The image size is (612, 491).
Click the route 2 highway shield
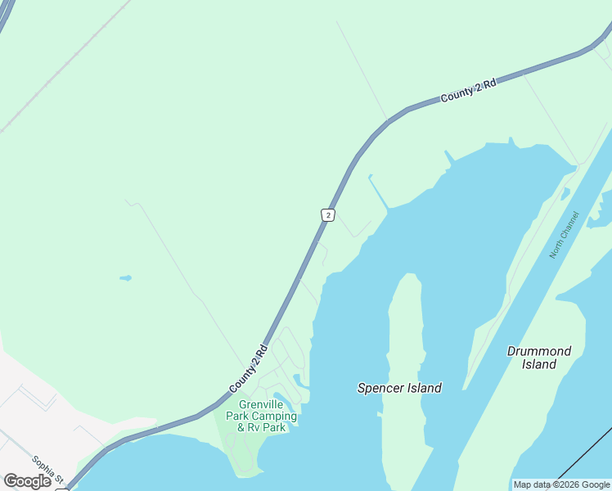327,214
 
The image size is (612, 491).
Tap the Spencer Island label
399,388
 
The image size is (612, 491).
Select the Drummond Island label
538,358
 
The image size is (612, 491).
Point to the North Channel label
564,235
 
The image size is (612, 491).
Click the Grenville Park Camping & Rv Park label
267,416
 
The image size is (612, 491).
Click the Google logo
27,481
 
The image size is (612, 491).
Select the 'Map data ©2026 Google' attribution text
561,484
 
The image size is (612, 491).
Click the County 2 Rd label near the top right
468,91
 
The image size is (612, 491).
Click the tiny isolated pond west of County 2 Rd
125,278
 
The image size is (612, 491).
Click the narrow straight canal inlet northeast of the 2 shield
379,191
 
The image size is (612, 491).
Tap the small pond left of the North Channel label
565,195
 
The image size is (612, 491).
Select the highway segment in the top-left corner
6,16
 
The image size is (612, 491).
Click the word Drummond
538,351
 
